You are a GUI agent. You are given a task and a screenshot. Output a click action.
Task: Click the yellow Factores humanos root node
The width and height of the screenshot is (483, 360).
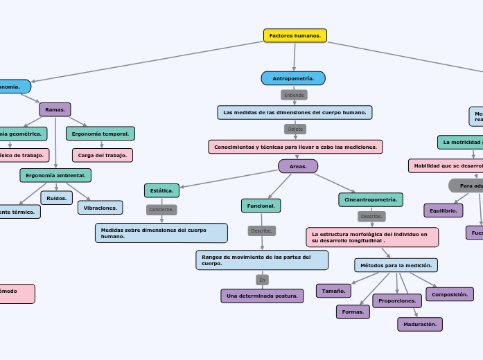295,35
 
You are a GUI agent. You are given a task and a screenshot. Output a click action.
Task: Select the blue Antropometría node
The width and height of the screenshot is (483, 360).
293,78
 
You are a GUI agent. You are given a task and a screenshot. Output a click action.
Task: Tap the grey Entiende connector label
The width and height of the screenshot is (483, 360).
294,95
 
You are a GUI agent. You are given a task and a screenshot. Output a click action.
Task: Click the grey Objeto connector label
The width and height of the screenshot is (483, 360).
295,129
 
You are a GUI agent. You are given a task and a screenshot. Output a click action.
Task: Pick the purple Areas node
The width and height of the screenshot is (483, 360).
298,166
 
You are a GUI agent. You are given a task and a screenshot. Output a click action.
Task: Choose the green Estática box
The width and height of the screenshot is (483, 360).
161,190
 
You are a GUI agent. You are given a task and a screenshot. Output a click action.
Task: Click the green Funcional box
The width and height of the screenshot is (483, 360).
261,206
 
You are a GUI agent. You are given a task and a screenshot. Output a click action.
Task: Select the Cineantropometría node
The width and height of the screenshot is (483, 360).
371,199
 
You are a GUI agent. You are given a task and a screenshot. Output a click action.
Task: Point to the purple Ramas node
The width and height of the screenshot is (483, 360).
55,109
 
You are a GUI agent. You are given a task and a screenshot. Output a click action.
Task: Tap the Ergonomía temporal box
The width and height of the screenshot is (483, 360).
100,134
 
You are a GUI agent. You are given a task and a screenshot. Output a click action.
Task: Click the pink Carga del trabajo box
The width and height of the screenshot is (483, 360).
103,155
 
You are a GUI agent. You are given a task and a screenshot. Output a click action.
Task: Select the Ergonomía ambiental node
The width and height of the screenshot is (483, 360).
55,175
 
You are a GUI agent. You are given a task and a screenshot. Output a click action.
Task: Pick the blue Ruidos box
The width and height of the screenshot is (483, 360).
57,198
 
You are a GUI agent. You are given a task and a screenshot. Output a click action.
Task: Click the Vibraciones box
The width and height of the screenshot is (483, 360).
100,208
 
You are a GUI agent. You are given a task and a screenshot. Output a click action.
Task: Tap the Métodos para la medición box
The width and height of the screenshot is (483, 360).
396,265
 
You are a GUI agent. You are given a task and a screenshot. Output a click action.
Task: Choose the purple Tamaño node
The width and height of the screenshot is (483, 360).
333,291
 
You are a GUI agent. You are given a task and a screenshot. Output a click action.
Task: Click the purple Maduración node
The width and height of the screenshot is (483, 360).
419,324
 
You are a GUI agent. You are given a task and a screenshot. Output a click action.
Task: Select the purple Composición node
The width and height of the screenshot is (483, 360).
449,294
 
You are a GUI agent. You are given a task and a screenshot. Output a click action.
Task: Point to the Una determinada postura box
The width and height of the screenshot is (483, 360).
262,296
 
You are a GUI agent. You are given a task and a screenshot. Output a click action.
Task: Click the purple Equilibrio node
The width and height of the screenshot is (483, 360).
443,210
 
